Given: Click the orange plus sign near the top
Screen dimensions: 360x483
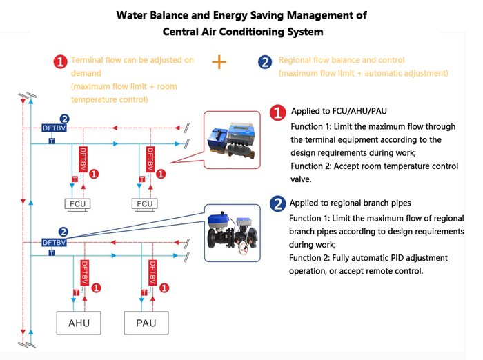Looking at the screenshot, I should click(219, 62).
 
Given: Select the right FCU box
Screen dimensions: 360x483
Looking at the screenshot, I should click(145, 203).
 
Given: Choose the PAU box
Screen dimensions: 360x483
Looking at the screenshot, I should click(146, 323).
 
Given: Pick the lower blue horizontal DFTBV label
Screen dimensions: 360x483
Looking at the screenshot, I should click(54, 242).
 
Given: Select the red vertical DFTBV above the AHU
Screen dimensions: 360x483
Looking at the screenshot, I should click(83, 273).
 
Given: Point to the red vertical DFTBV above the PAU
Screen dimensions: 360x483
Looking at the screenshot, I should click(150, 273).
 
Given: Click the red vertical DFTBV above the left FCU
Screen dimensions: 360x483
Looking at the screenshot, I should click(83, 159).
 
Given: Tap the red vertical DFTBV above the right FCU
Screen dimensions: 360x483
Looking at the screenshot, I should click(150, 159).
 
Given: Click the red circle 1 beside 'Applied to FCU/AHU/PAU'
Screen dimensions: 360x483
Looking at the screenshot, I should click(277, 112).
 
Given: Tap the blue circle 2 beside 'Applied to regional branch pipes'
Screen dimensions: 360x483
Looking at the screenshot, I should click(277, 203).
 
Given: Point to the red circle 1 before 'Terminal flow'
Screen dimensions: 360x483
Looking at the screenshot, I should click(61, 62).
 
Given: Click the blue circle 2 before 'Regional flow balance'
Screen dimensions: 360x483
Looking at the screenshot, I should click(264, 62).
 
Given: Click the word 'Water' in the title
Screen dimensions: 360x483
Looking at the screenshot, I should click(134, 14).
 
